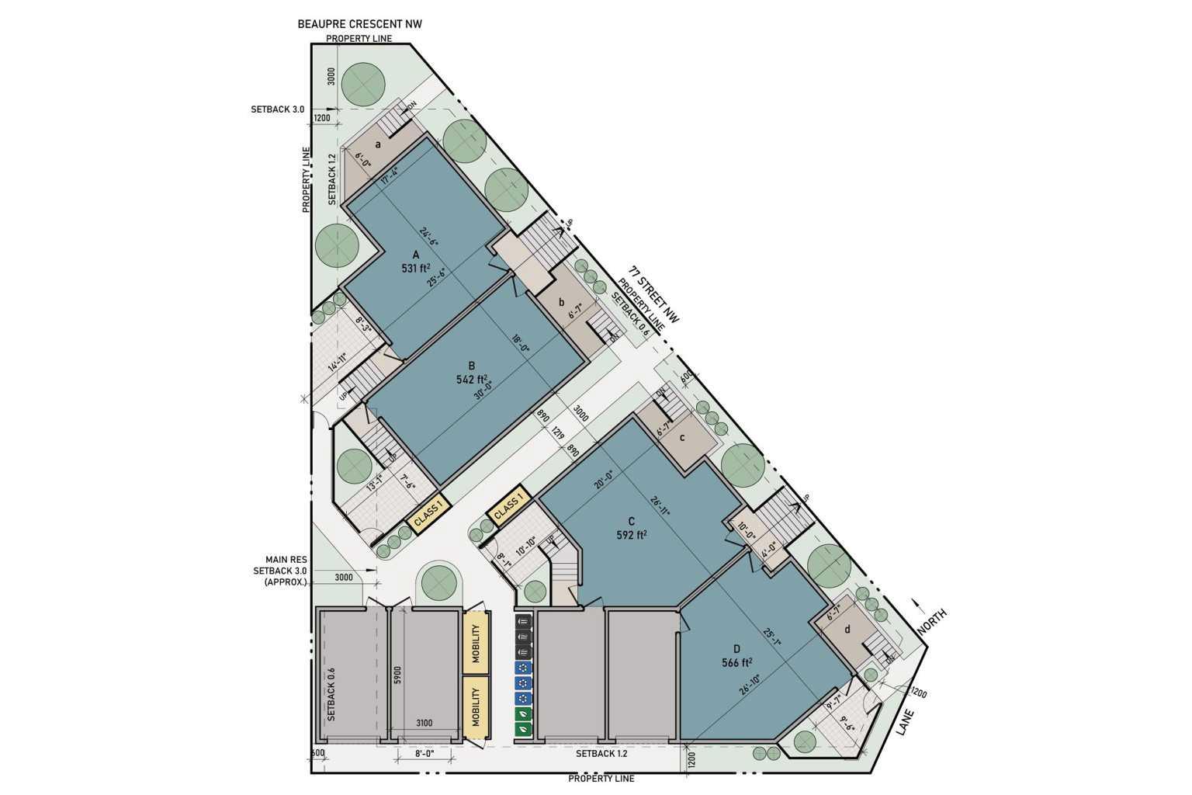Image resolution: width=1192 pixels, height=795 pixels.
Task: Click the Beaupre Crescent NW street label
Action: pyautogui.click(x=359, y=24)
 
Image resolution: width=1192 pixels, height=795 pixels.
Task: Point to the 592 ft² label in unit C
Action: pyautogui.click(x=632, y=534)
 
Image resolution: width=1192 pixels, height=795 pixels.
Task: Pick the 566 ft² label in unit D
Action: pyautogui.click(x=737, y=662)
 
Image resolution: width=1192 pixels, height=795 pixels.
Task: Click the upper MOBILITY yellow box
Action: pyautogui.click(x=476, y=643)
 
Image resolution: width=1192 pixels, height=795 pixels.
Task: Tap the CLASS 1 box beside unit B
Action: pyautogui.click(x=428, y=514)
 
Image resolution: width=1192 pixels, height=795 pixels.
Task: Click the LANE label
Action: pyautogui.click(x=906, y=723)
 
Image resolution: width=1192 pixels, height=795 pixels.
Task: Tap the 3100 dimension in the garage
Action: pyautogui.click(x=424, y=724)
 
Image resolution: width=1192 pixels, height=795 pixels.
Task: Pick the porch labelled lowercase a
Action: pyautogui.click(x=378, y=144)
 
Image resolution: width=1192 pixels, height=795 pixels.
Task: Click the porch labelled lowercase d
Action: pyautogui.click(x=847, y=630)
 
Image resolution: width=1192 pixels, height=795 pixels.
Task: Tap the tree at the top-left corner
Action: pyautogui.click(x=362, y=80)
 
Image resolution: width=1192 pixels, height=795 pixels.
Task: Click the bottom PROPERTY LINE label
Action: pyautogui.click(x=601, y=778)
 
